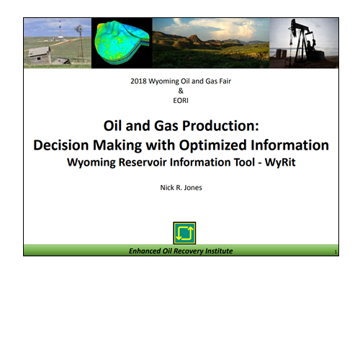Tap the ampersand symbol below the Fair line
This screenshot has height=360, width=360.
pos(181,91)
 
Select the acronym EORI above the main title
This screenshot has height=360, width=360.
pos(181,101)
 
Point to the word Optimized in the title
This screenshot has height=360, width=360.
pos(213,145)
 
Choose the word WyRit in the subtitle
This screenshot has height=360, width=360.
pos(280,162)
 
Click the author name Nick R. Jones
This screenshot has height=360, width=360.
pos(181,187)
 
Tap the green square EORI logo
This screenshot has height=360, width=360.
pos(184,233)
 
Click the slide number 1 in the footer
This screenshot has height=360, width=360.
pos(336,252)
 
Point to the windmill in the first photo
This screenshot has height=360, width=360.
pos(79,43)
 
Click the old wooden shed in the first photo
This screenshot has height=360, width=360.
pos(40,55)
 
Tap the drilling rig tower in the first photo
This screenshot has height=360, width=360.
pos(60,30)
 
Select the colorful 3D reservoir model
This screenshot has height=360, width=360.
pos(122,42)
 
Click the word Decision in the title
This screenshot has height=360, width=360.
pos(61,145)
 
